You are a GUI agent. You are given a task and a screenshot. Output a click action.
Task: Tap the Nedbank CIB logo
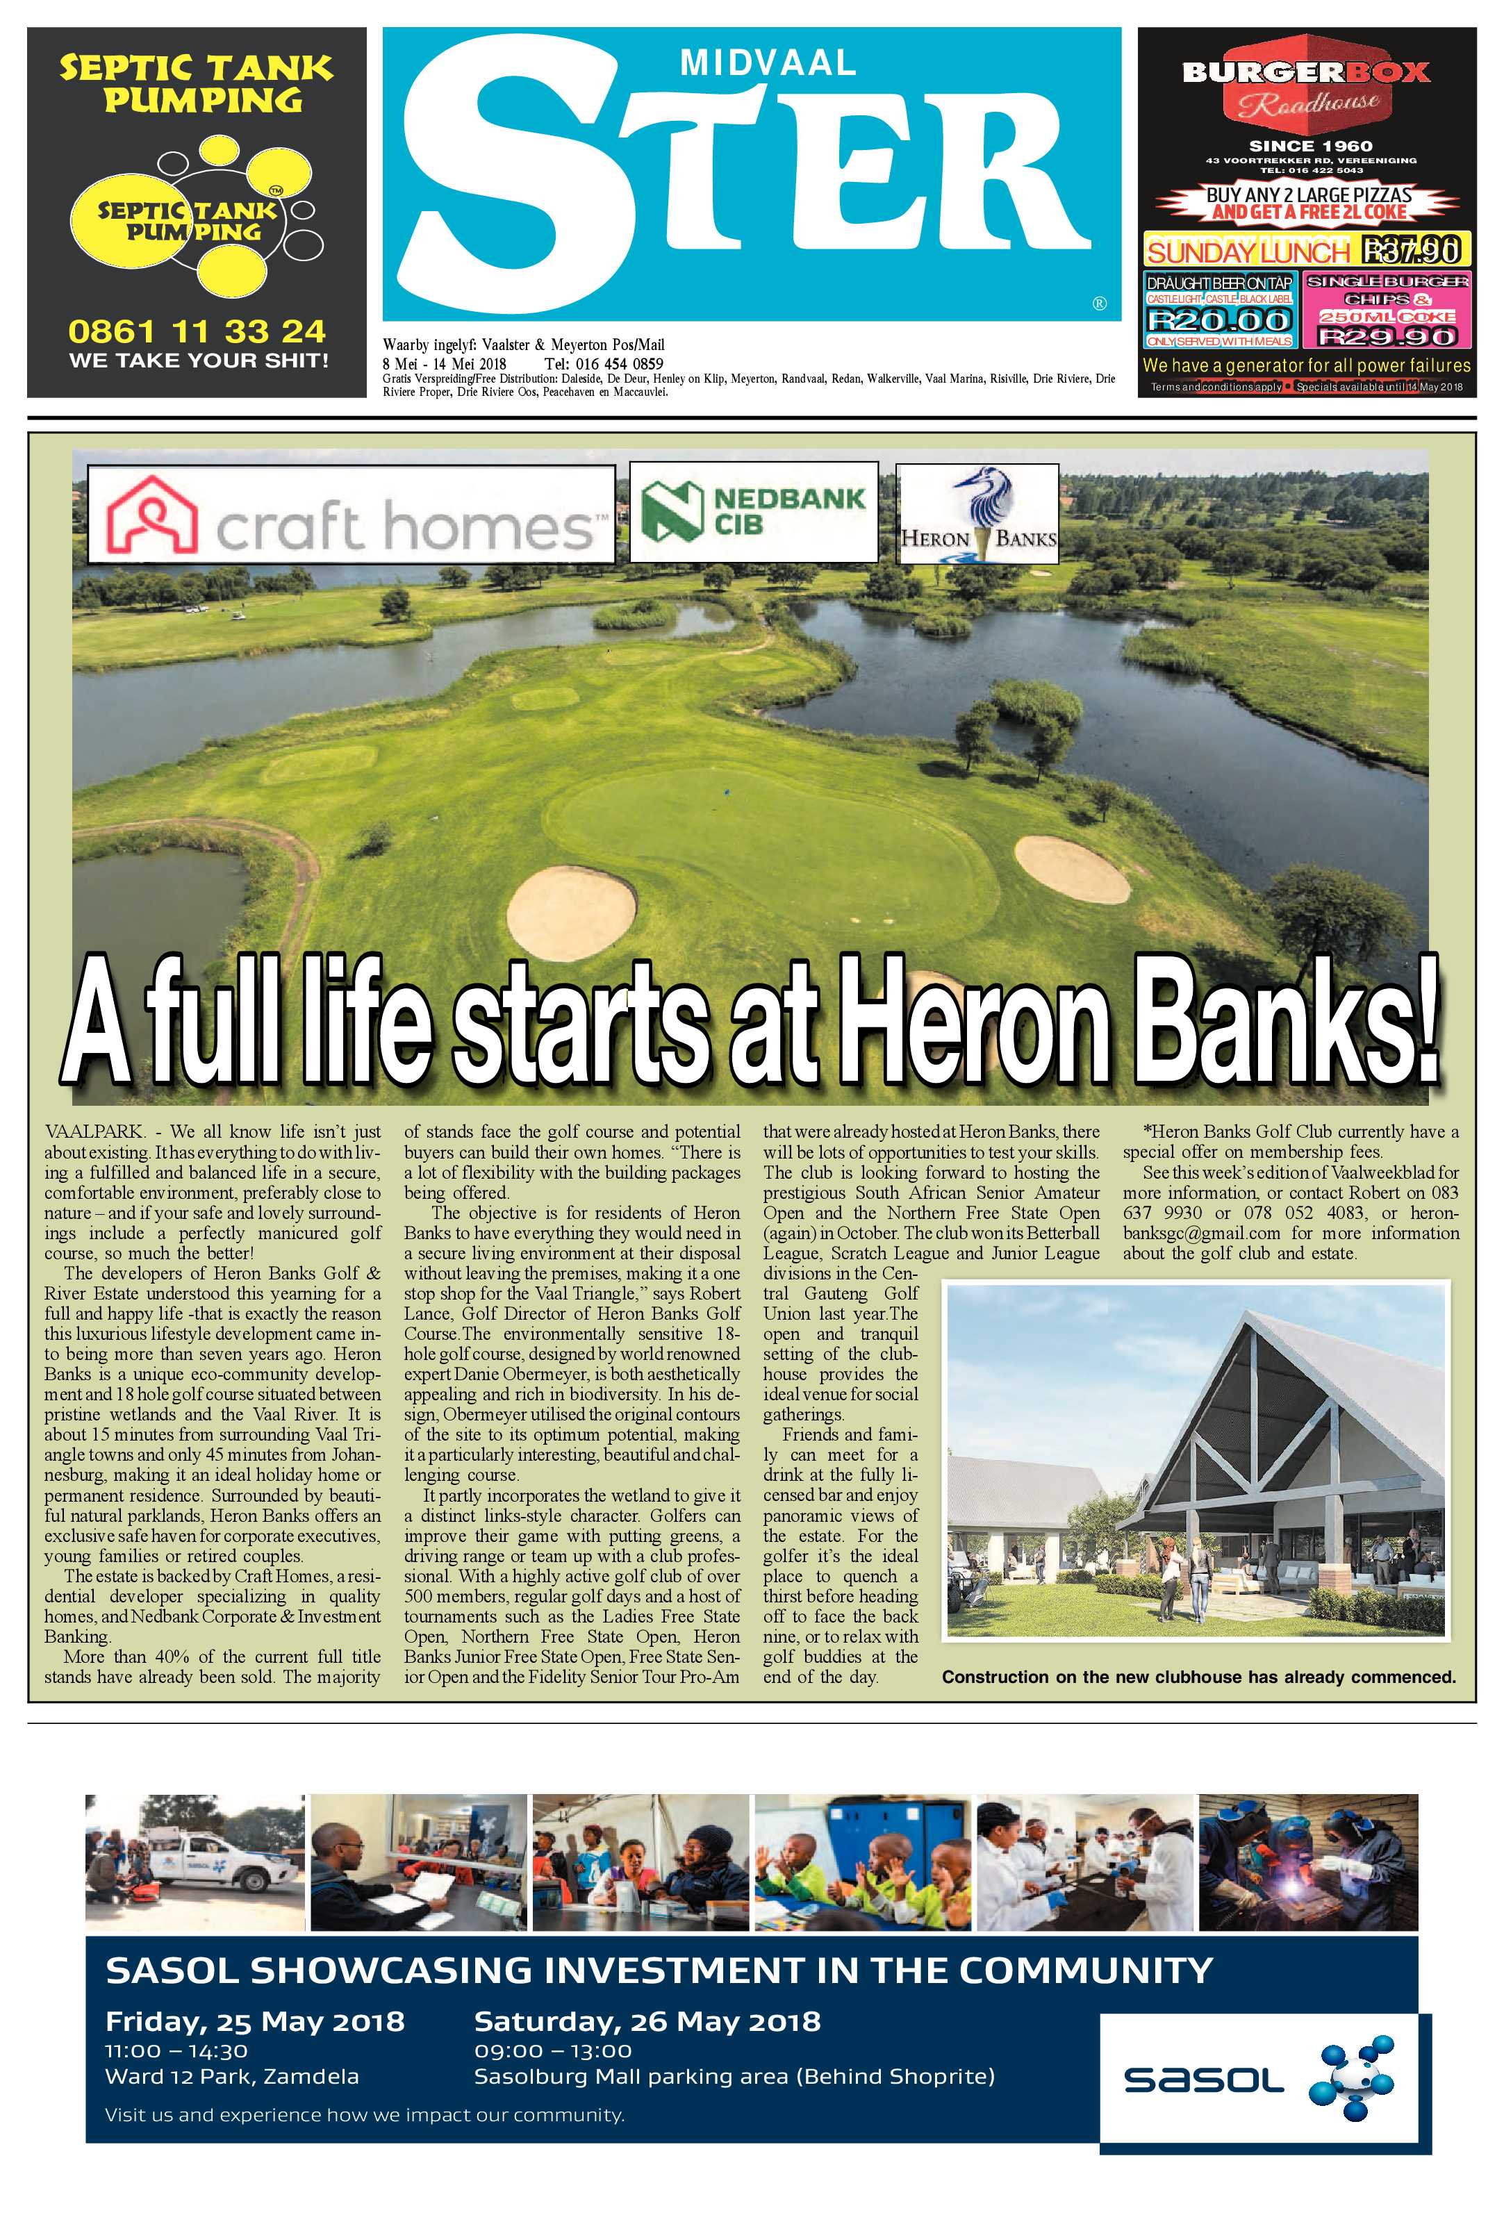click(x=753, y=512)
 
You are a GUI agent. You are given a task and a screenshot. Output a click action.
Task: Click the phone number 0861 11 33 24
click(x=197, y=332)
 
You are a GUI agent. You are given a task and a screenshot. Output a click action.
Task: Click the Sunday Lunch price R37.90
click(x=1411, y=251)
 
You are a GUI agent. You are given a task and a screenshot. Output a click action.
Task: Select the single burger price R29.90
click(x=1387, y=335)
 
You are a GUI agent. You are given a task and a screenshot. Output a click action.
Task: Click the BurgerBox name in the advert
click(x=1306, y=72)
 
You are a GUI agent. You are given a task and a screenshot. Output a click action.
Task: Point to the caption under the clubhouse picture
click(x=1198, y=1677)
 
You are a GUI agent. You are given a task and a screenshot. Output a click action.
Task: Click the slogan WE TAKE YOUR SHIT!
click(x=198, y=360)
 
